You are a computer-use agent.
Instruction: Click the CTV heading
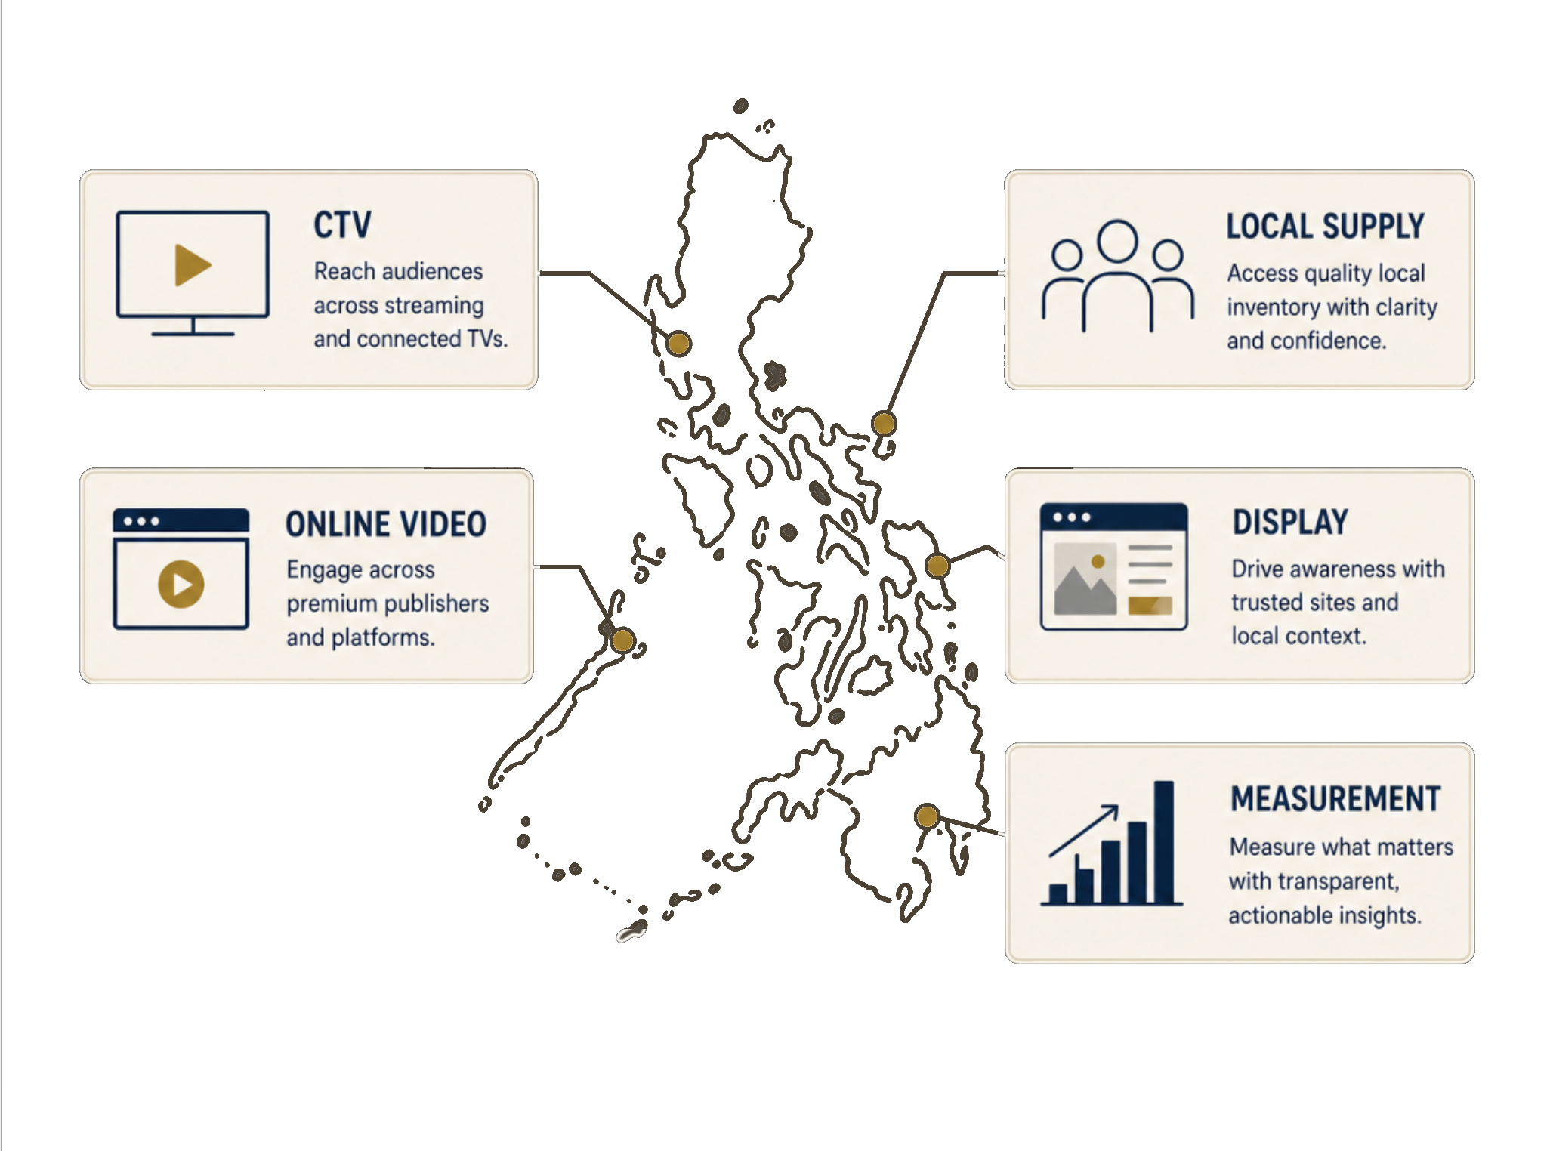pos(342,225)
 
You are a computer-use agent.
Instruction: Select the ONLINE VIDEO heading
pos(385,524)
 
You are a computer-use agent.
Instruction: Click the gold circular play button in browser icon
pos(181,584)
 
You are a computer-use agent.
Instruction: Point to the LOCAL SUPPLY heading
pos(1325,227)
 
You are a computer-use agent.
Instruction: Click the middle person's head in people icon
pos(1117,240)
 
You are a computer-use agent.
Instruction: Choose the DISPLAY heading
pos(1290,522)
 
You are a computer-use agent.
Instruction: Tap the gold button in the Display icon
pos(1150,605)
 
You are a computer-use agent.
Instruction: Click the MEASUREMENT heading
pos(1335,799)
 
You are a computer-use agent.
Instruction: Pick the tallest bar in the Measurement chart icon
pos(1164,841)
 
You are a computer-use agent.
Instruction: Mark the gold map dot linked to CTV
pos(679,344)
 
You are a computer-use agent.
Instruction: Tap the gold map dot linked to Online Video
pos(622,640)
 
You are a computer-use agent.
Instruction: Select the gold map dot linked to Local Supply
pos(884,423)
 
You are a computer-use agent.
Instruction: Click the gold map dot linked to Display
pos(937,565)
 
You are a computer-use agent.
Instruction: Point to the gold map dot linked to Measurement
pos(927,816)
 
